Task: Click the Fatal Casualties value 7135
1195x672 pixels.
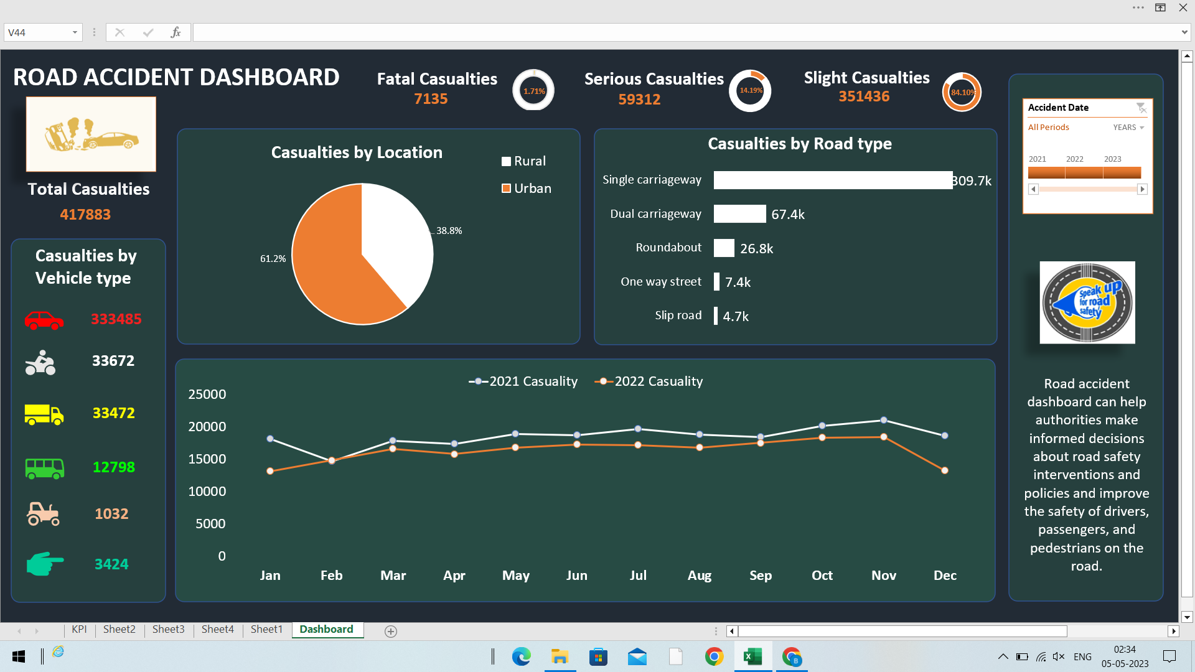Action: point(431,99)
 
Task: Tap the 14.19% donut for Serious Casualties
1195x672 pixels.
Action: point(750,91)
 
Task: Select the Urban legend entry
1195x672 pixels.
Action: point(527,189)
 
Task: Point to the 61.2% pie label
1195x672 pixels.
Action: point(273,259)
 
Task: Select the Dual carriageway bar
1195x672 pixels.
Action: point(739,214)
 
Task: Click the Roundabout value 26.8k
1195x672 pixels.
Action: point(756,249)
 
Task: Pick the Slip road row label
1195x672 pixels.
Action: point(678,315)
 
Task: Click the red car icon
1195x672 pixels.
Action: point(44,320)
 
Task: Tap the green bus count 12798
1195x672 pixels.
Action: point(113,467)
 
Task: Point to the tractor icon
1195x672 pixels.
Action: point(43,514)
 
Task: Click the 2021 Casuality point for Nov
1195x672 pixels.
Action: point(884,421)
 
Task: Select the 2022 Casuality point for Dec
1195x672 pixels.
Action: point(945,470)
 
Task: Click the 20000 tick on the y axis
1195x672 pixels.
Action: point(207,427)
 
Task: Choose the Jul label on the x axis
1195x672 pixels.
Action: point(638,576)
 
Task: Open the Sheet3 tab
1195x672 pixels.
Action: point(168,630)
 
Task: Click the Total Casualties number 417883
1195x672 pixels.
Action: point(85,215)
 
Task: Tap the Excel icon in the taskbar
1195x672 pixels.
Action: point(752,657)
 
